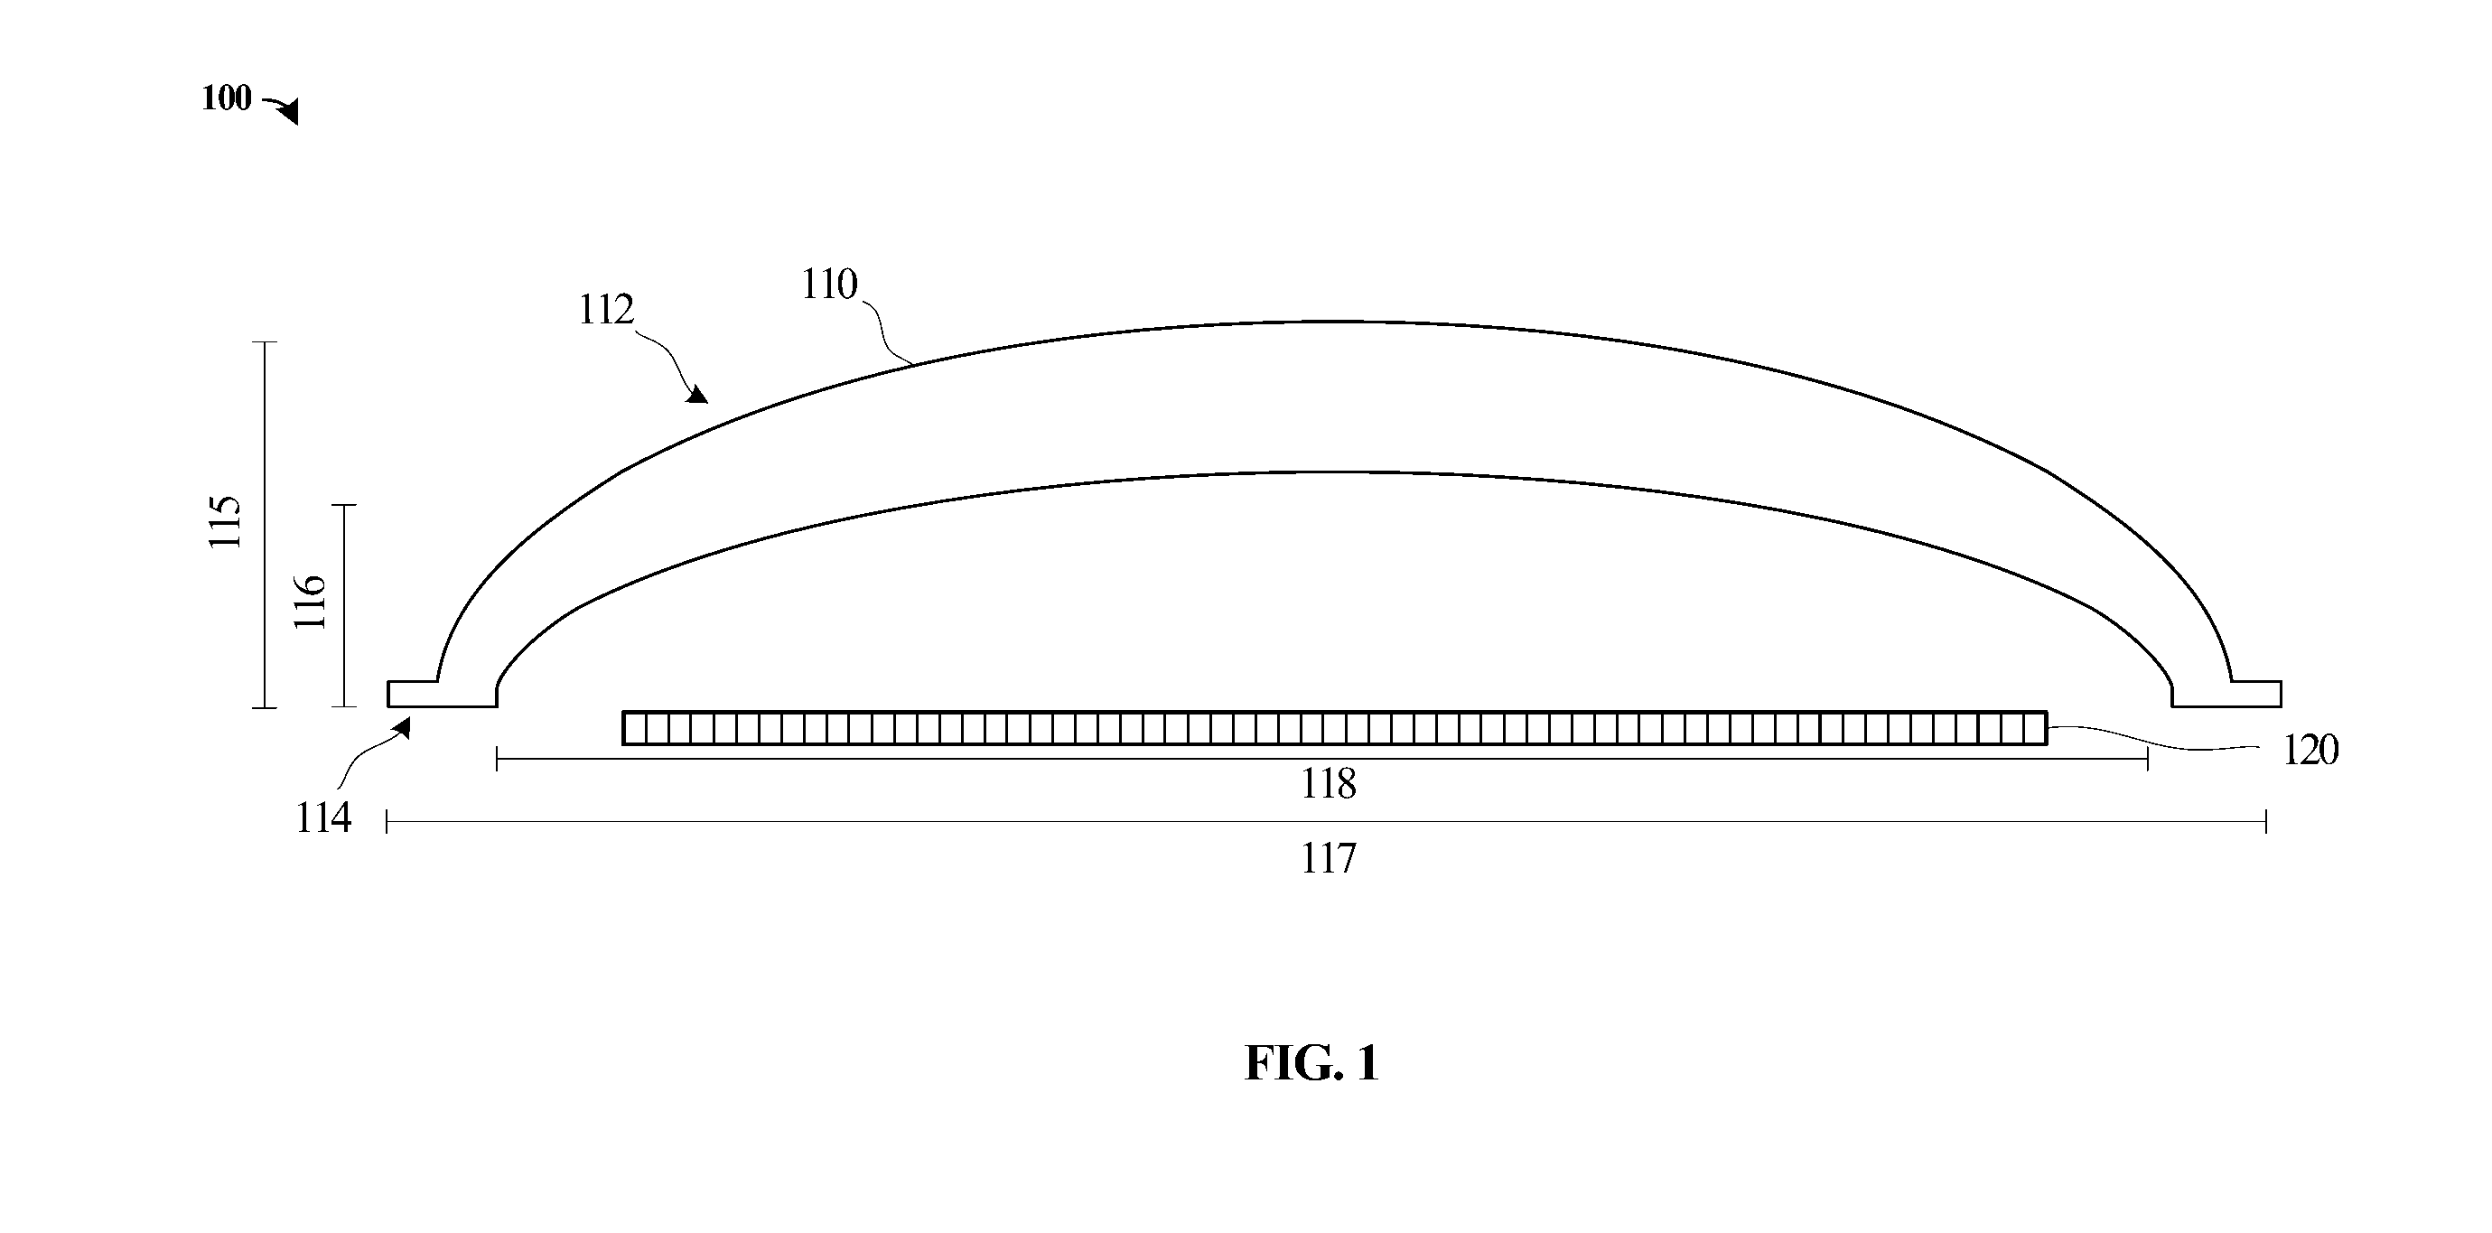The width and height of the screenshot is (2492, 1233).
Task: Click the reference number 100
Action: pyautogui.click(x=227, y=98)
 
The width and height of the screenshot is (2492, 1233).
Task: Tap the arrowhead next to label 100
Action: pyautogui.click(x=287, y=111)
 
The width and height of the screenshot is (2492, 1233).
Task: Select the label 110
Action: pyautogui.click(x=829, y=285)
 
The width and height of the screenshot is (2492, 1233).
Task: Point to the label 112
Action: pyautogui.click(x=605, y=310)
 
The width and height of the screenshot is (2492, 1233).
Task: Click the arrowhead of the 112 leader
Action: pyautogui.click(x=697, y=394)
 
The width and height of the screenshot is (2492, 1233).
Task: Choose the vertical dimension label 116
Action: pyautogui.click(x=310, y=601)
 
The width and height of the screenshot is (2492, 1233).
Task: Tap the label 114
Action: pyautogui.click(x=322, y=818)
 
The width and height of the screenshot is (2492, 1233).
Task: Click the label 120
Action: pyautogui.click(x=2310, y=751)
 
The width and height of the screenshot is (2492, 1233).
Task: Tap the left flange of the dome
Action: pyautogui.click(x=442, y=694)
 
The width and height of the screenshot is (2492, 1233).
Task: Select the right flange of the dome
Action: pyautogui.click(x=2226, y=694)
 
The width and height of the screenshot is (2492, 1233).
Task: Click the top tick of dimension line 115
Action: pyautogui.click(x=265, y=342)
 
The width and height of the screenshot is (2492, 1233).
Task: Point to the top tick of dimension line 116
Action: pyautogui.click(x=344, y=505)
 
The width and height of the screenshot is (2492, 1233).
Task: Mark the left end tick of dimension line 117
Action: pyautogui.click(x=387, y=822)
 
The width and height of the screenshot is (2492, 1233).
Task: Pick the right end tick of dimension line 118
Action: pyautogui.click(x=2148, y=760)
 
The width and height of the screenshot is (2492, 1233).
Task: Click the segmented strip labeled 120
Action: pyautogui.click(x=1335, y=728)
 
